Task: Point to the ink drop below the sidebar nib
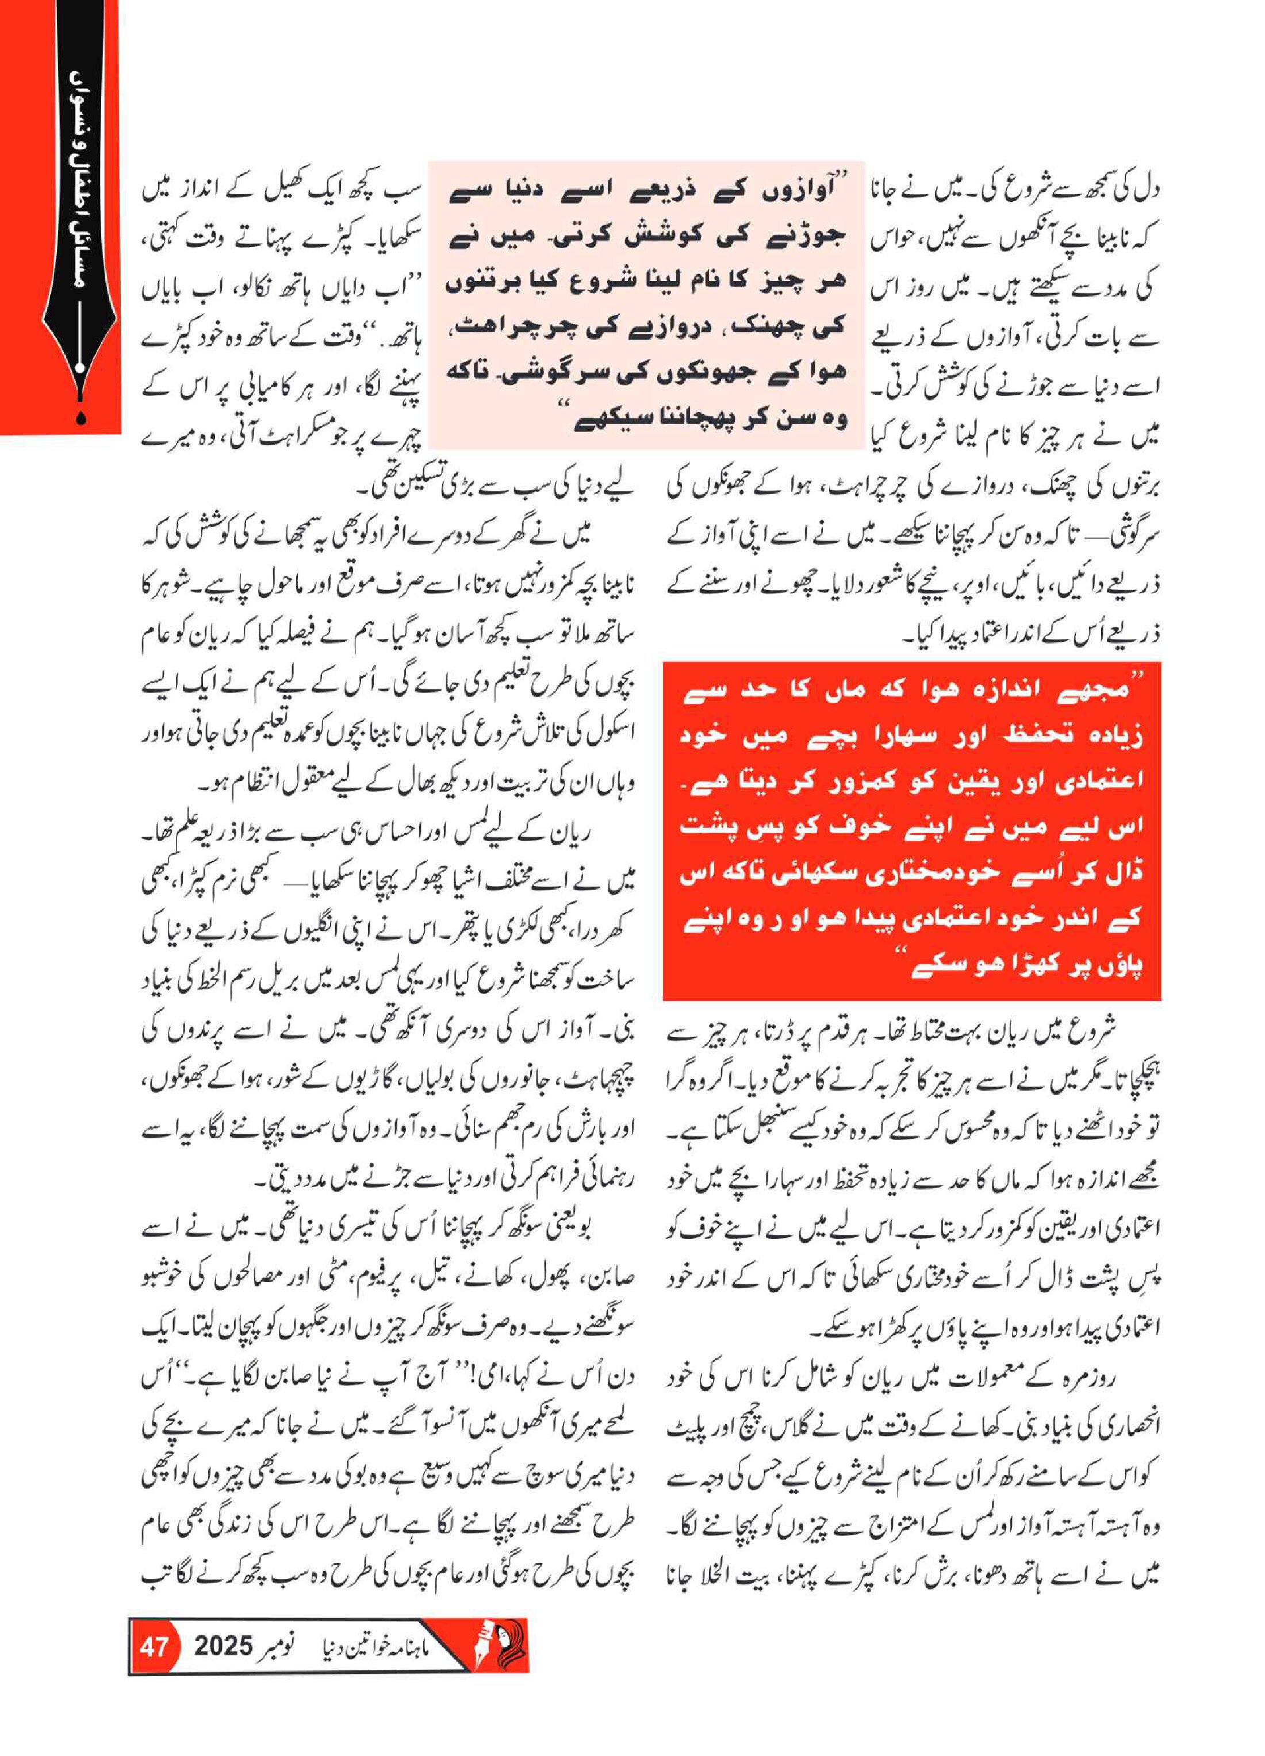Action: click(x=81, y=417)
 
